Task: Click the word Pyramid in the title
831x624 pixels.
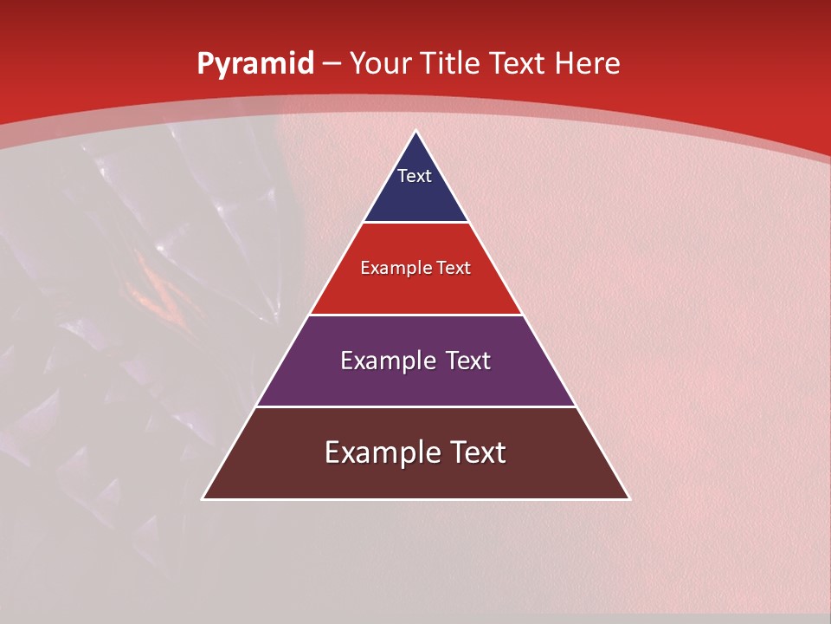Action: (x=254, y=64)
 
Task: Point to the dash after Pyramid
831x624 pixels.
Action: (x=332, y=64)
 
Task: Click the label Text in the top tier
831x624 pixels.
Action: (x=415, y=177)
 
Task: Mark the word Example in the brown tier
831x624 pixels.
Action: (x=380, y=452)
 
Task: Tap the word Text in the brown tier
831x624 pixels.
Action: (x=475, y=452)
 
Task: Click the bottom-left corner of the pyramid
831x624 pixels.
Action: (x=203, y=498)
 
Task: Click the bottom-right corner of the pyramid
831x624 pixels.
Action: (x=628, y=498)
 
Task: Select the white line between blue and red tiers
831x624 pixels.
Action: (x=416, y=223)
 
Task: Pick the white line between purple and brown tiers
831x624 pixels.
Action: (x=416, y=406)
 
